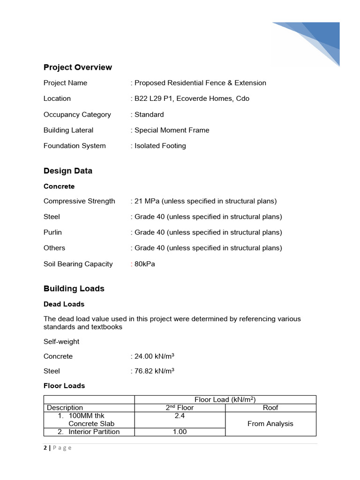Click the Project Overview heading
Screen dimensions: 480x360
coord(78,67)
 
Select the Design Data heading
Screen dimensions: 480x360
coord(68,171)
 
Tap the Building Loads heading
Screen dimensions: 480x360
coord(74,288)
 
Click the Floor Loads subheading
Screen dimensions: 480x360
coord(64,385)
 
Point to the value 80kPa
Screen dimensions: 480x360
coord(145,264)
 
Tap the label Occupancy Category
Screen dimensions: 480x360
coord(77,114)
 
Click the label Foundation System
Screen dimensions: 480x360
coord(75,146)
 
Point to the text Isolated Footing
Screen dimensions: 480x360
coord(160,146)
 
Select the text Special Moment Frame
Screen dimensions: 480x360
coord(172,130)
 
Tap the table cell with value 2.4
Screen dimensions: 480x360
coord(180,416)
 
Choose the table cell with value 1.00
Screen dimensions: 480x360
coord(180,432)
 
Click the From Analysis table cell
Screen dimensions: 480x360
coord(270,424)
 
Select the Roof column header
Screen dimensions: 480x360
coord(270,408)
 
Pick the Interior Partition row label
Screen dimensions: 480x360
coord(94,432)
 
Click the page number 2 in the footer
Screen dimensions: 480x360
coord(45,448)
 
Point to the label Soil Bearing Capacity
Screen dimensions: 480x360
coord(78,264)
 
